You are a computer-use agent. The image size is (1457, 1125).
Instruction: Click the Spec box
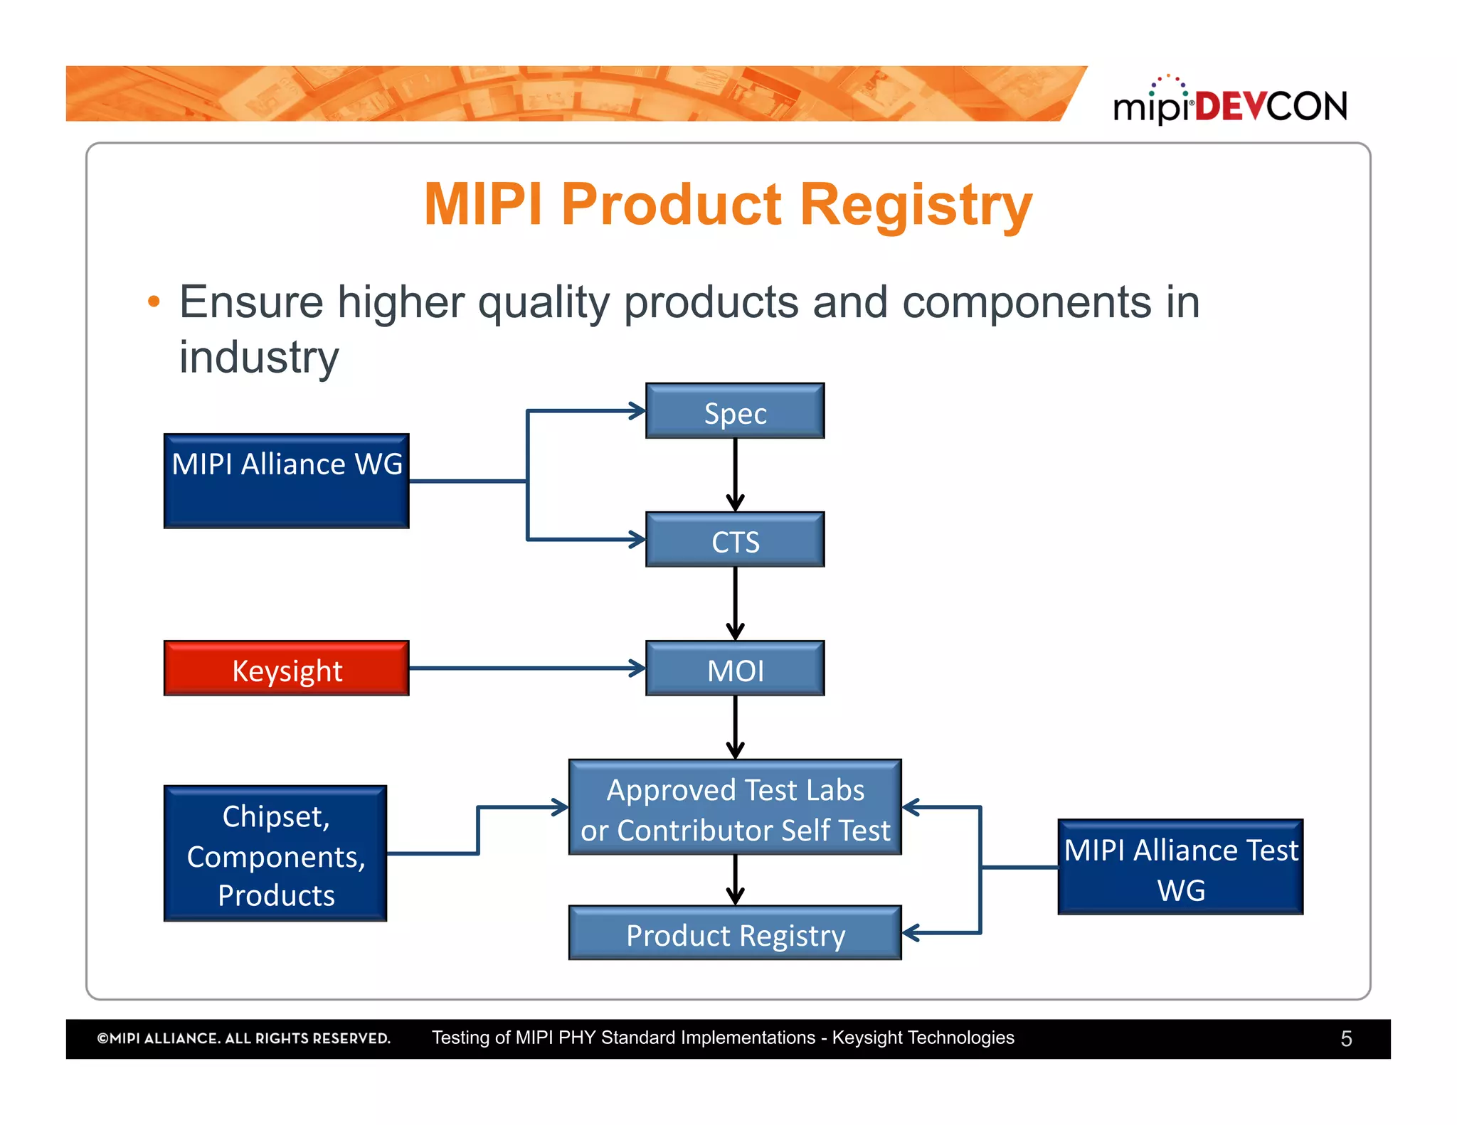(x=735, y=411)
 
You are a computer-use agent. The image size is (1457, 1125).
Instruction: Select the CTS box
(x=735, y=540)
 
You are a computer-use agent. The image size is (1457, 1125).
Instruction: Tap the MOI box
(x=735, y=668)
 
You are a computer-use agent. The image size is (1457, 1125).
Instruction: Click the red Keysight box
(x=286, y=668)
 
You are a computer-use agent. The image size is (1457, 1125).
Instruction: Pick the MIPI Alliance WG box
(x=286, y=481)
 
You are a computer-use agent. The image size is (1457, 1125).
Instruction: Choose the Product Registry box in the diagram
(x=735, y=933)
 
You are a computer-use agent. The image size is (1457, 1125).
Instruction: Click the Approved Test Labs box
(x=735, y=808)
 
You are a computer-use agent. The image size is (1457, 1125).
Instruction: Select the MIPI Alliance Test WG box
(x=1180, y=867)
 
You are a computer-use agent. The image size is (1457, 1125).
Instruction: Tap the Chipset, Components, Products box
(x=275, y=853)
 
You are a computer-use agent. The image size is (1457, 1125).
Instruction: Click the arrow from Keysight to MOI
(x=526, y=668)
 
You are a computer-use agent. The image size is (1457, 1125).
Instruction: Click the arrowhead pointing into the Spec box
(x=637, y=411)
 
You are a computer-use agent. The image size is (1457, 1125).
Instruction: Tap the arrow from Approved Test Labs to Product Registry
(x=735, y=880)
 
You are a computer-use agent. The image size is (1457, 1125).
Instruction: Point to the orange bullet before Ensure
(x=154, y=302)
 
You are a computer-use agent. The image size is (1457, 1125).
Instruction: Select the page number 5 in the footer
(x=1346, y=1039)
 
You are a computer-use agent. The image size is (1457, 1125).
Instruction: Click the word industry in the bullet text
(x=258, y=357)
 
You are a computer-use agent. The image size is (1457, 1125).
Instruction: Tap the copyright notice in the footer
(x=243, y=1039)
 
